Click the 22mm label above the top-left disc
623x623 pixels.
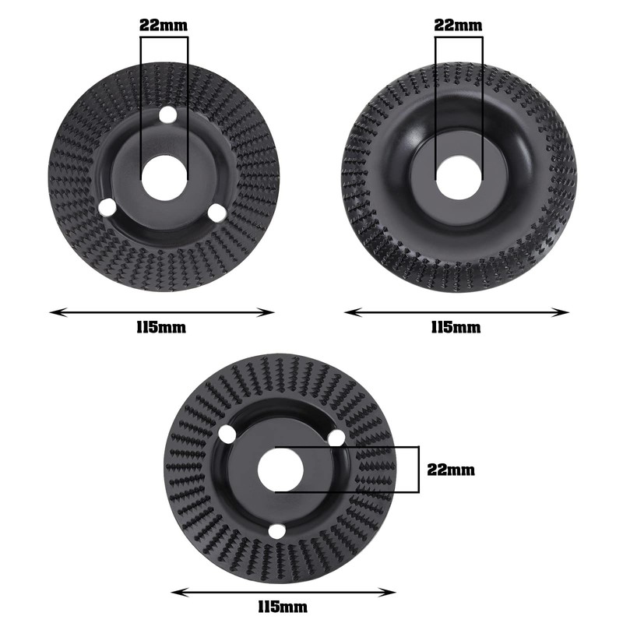pyautogui.click(x=164, y=26)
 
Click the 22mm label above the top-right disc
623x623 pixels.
pyautogui.click(x=458, y=26)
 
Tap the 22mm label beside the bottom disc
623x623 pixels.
pyautogui.click(x=451, y=470)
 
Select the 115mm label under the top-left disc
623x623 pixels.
pyautogui.click(x=161, y=327)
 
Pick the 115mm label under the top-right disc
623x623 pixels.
pyautogui.click(x=456, y=327)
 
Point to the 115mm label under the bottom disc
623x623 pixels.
pyautogui.click(x=283, y=607)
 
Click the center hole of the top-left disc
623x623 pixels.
pyautogui.click(x=164, y=178)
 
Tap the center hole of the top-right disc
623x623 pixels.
pyautogui.click(x=459, y=178)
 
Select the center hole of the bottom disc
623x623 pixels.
pyautogui.click(x=280, y=470)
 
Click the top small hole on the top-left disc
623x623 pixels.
pyautogui.click(x=167, y=114)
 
